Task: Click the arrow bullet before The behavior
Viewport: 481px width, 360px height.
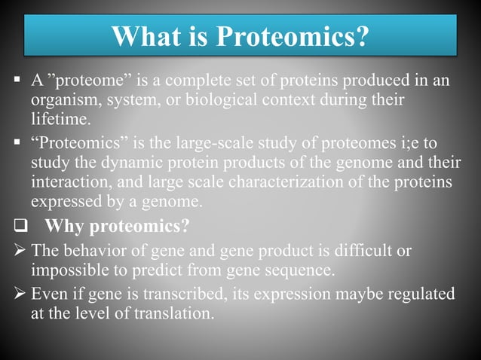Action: [20, 252]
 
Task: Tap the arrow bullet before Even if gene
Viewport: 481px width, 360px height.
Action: [20, 294]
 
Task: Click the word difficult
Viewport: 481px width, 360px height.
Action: [365, 252]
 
